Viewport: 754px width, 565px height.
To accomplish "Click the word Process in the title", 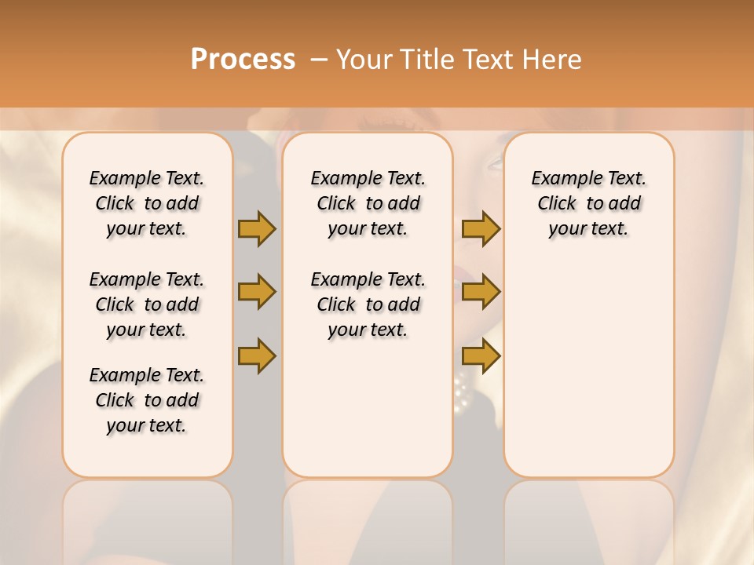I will (x=243, y=60).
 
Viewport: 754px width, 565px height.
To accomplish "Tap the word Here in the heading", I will (x=554, y=60).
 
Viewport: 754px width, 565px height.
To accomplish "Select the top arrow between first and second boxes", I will (x=257, y=228).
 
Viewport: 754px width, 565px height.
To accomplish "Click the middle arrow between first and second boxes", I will (x=257, y=292).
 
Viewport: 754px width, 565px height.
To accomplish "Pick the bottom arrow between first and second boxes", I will (x=257, y=355).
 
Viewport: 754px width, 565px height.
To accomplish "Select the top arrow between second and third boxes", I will (x=481, y=228).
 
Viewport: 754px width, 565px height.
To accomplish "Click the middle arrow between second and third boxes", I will (x=481, y=292).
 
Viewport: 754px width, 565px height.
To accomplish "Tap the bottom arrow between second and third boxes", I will (x=481, y=355).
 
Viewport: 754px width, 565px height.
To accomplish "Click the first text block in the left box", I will (x=147, y=203).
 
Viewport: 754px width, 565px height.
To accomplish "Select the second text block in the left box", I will (x=147, y=304).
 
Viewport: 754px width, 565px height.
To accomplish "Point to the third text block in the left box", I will (x=147, y=400).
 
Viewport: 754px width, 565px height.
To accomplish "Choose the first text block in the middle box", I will (x=368, y=203).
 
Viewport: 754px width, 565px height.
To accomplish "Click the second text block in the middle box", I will (x=368, y=304).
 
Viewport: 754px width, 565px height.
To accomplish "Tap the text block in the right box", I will (x=589, y=203).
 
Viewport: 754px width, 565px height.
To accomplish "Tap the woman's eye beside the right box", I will (x=496, y=163).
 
